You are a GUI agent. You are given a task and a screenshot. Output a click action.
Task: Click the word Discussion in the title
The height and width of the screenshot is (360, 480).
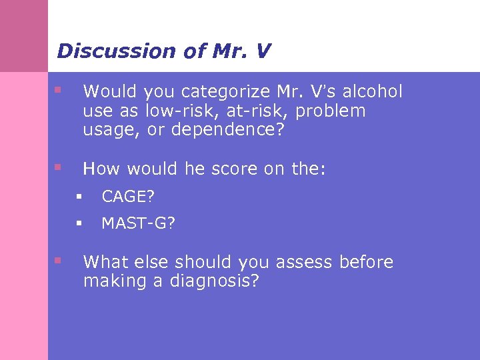(x=106, y=51)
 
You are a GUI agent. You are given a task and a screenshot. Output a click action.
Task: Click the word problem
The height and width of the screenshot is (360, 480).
(x=331, y=111)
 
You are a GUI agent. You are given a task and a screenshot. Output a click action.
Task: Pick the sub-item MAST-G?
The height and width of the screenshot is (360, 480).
(x=139, y=223)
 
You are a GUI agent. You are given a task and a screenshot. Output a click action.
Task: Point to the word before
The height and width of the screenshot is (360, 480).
(x=366, y=262)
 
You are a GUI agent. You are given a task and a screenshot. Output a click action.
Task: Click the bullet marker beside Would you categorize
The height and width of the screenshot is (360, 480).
(x=59, y=89)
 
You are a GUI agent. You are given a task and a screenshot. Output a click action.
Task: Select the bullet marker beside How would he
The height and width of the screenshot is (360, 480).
(x=59, y=167)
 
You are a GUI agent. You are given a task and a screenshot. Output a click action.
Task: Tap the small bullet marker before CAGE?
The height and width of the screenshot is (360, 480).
(x=79, y=197)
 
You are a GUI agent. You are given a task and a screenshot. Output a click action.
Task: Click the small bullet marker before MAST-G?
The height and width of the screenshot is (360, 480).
(x=79, y=223)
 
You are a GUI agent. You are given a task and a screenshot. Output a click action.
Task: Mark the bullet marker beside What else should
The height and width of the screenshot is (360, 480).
(x=59, y=260)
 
